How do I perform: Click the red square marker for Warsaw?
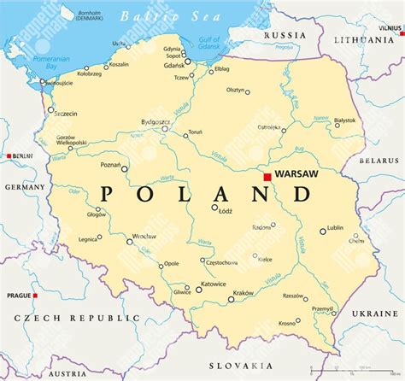click(267, 177)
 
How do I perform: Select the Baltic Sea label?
click(158, 15)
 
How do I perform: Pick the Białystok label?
click(345, 121)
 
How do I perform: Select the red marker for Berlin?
click(9, 156)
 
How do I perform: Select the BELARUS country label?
click(379, 159)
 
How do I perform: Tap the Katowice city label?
click(213, 284)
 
